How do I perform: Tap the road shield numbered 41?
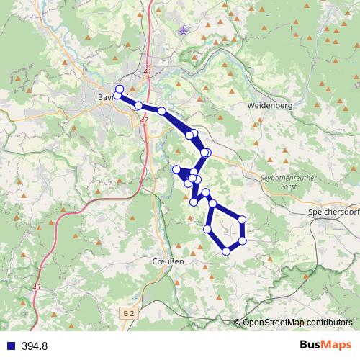coord(148,72)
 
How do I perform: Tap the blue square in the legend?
coord(9,346)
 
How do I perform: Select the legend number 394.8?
coord(34,346)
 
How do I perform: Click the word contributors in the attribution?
coord(329,322)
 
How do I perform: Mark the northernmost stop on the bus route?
coord(120,89)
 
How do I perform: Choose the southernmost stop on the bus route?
coord(227,251)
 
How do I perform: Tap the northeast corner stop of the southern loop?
coord(242,219)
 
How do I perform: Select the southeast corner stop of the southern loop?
coord(243,240)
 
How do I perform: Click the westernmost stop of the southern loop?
coord(207,229)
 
